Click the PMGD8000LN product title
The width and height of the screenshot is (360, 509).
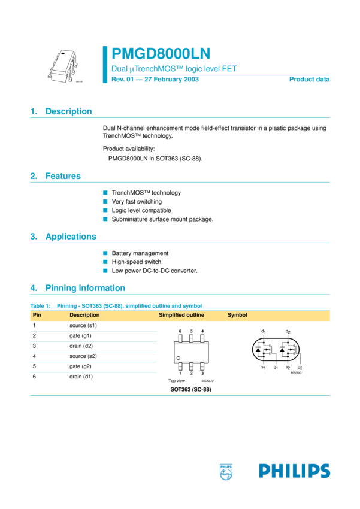[161, 54]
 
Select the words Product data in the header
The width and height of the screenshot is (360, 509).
[309, 79]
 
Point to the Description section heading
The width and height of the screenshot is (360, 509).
[68, 111]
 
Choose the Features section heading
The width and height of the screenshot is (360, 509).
[62, 176]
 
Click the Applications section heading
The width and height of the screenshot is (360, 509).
[70, 237]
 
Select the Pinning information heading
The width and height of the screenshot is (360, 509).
[85, 288]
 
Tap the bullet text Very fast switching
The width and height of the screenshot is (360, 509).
[137, 202]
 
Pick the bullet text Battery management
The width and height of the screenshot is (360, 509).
[140, 253]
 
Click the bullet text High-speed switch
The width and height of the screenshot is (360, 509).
[136, 262]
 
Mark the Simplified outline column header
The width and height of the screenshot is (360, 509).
[181, 315]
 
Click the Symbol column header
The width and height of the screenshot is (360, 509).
[237, 315]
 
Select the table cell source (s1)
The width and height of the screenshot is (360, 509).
[83, 326]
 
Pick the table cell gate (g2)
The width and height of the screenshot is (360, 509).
[80, 366]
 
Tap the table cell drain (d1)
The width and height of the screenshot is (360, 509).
[81, 377]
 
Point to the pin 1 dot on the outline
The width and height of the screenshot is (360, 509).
[178, 358]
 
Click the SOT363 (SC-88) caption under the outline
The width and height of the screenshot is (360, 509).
[190, 389]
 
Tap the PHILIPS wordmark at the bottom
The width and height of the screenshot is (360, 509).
[294, 471]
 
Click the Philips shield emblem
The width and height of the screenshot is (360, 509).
[226, 471]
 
